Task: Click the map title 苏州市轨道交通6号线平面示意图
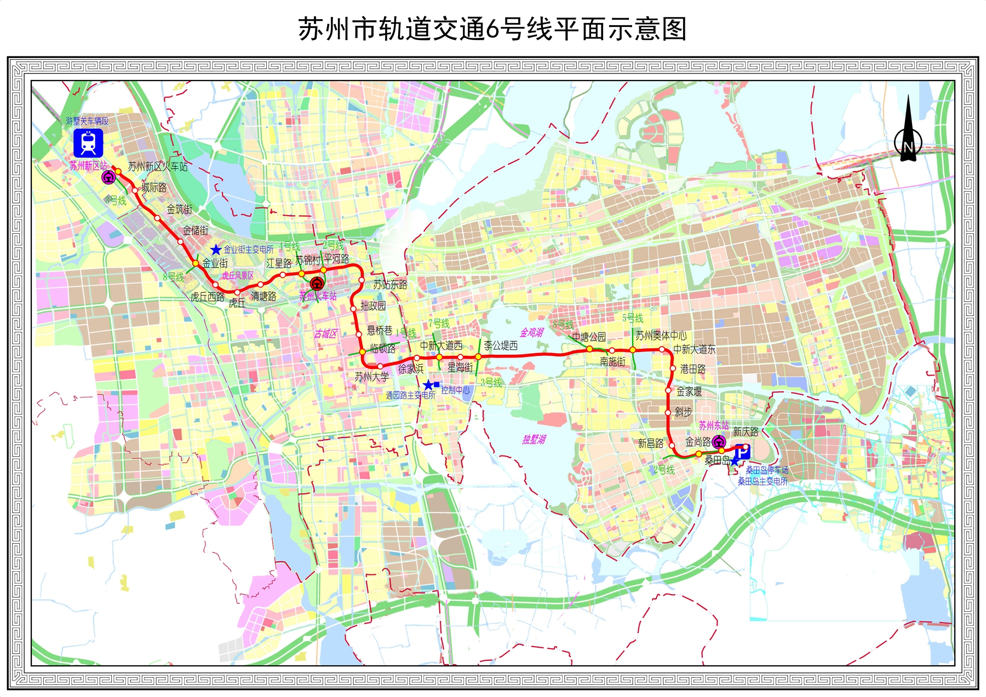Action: (492, 29)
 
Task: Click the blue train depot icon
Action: (88, 143)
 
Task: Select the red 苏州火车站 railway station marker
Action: (316, 284)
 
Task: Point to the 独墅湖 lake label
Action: (534, 440)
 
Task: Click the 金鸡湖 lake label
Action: (531, 332)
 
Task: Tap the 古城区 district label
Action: (325, 333)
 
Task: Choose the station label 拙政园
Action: (373, 306)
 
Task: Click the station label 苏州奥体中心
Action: (661, 336)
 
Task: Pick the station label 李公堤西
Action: (501, 345)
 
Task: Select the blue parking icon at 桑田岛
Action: (742, 452)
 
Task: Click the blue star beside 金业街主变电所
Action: (216, 250)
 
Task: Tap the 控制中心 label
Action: (456, 390)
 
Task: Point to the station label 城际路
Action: (154, 188)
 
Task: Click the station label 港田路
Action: (693, 369)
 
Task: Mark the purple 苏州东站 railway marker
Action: (719, 442)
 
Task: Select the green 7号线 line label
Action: (439, 324)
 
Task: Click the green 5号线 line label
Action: (633, 318)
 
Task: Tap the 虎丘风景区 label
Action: (238, 275)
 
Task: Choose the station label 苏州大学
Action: (371, 377)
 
